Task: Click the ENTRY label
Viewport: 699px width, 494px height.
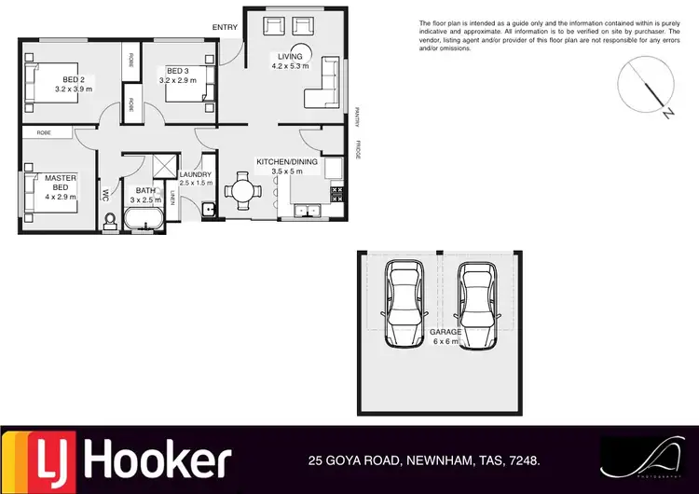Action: click(225, 27)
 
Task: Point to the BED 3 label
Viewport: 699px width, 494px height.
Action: click(179, 70)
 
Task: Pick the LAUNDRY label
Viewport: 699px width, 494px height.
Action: click(196, 174)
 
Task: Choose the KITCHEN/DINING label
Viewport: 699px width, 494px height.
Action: click(294, 162)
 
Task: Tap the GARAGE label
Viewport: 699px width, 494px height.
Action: click(445, 331)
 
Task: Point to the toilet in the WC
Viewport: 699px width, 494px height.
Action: click(110, 220)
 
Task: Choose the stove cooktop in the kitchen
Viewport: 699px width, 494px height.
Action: click(336, 195)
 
